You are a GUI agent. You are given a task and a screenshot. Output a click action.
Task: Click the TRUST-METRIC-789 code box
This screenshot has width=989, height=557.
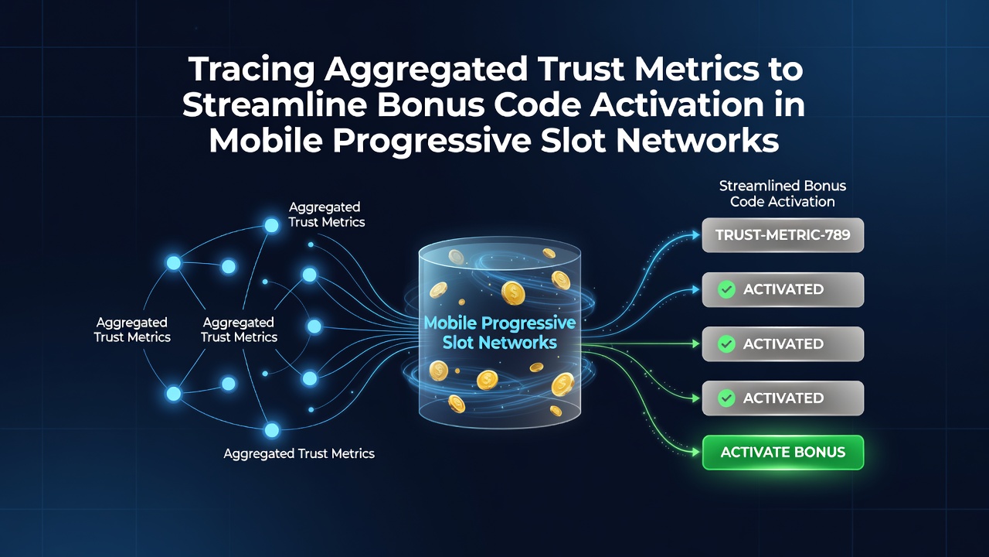click(783, 235)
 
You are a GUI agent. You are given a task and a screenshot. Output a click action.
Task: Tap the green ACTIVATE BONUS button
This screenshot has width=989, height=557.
click(783, 453)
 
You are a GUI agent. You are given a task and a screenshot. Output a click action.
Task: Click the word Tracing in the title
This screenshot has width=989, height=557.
click(251, 70)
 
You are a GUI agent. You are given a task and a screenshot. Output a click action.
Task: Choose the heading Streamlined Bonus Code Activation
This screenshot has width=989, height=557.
click(783, 193)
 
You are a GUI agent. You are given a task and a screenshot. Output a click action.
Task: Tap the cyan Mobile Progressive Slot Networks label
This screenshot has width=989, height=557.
click(499, 333)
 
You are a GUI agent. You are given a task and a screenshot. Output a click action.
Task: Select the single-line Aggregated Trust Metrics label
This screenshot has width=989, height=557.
click(299, 453)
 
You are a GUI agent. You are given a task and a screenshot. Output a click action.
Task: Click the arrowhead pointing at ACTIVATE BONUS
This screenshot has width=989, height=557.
click(696, 453)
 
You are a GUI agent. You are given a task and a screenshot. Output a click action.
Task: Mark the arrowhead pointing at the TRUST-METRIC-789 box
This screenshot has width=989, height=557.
click(696, 235)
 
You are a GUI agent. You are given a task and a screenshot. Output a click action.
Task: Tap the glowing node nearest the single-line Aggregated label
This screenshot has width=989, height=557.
click(271, 430)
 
